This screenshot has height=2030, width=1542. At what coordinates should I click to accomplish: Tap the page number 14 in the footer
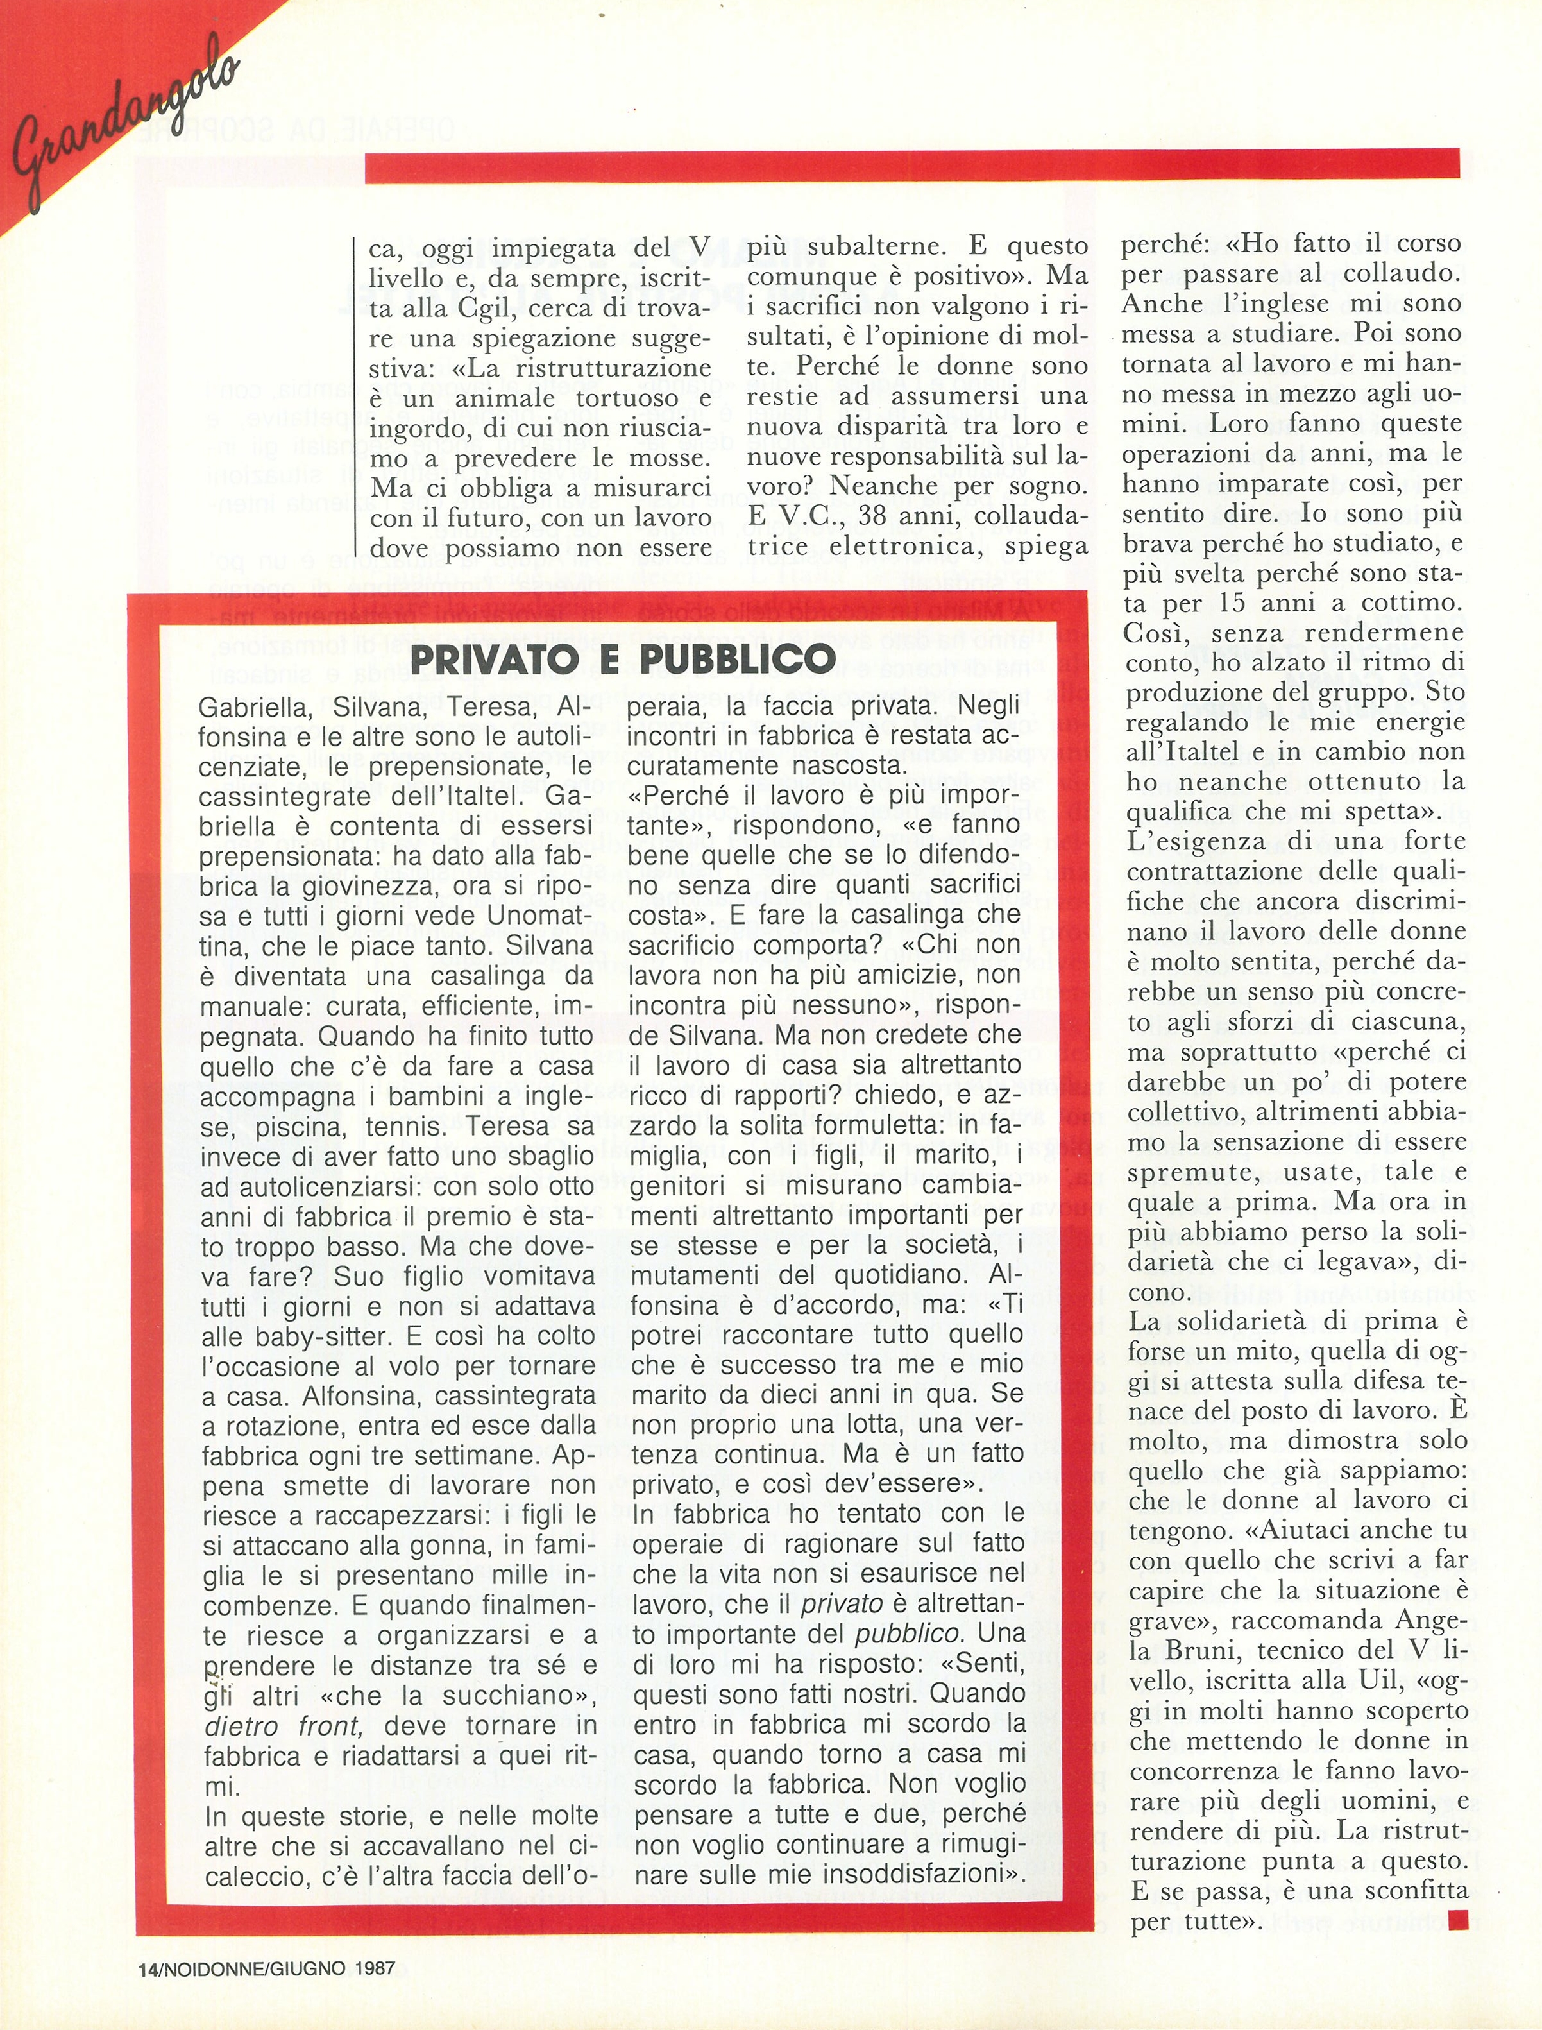point(147,1968)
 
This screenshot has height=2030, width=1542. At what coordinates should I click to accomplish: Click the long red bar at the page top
point(911,166)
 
